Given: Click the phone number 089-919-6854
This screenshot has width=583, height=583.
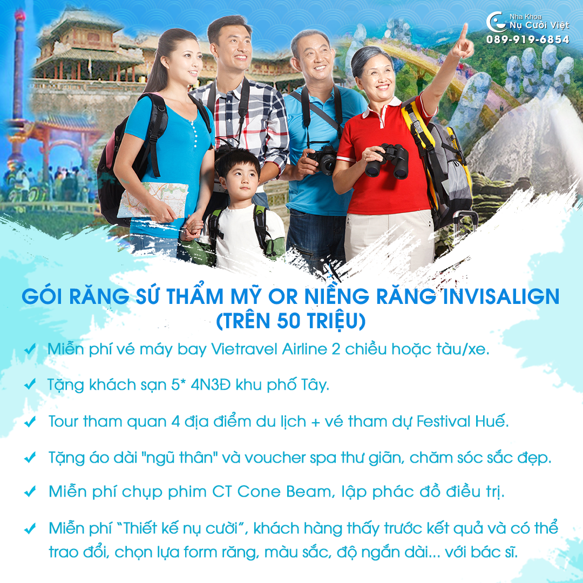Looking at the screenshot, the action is click(x=527, y=39).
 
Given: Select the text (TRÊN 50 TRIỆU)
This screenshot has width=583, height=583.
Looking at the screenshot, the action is click(x=291, y=321).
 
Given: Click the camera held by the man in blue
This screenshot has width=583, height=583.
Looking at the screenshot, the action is click(x=323, y=160).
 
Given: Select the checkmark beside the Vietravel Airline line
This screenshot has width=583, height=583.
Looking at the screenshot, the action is click(x=30, y=349).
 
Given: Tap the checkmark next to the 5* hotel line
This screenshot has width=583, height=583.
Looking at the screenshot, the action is click(x=30, y=384).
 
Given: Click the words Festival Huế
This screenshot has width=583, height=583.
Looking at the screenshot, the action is click(x=462, y=421).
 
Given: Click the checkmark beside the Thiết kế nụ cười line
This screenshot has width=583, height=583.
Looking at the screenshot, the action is click(x=30, y=528).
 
